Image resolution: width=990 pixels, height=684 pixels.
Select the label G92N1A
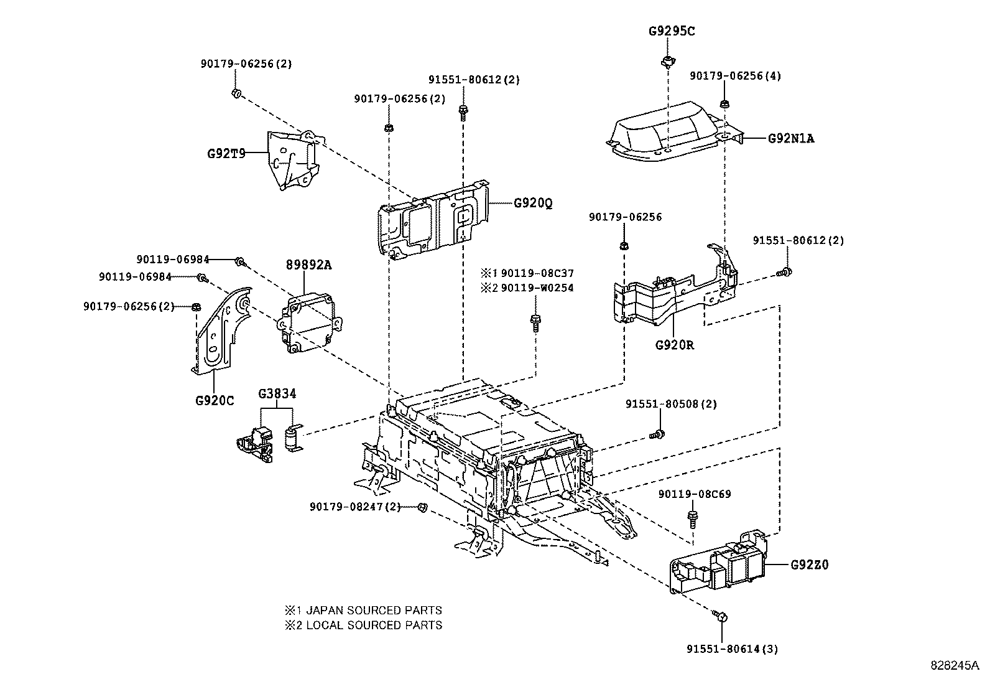pos(790,139)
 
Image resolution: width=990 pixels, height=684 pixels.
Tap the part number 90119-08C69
pos(694,494)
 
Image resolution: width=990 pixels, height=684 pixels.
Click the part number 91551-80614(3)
pos(732,649)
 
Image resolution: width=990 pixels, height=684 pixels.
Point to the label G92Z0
pos(809,565)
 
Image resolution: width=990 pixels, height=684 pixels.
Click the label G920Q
pos(533,203)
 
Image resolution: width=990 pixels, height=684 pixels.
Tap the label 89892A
pos(308,265)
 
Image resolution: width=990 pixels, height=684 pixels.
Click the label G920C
pos(214,400)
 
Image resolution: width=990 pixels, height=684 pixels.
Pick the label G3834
pos(277,393)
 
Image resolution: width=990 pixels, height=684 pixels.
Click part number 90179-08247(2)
pos(354,507)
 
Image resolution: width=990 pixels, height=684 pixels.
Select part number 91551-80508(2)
pos(670,404)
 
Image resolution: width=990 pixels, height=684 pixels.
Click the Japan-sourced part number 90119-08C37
pos(537,273)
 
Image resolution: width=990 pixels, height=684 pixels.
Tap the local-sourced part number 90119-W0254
pos(537,288)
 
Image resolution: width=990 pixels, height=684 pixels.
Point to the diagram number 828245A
pos(955,665)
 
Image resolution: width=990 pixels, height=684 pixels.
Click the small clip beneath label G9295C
pos(667,60)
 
